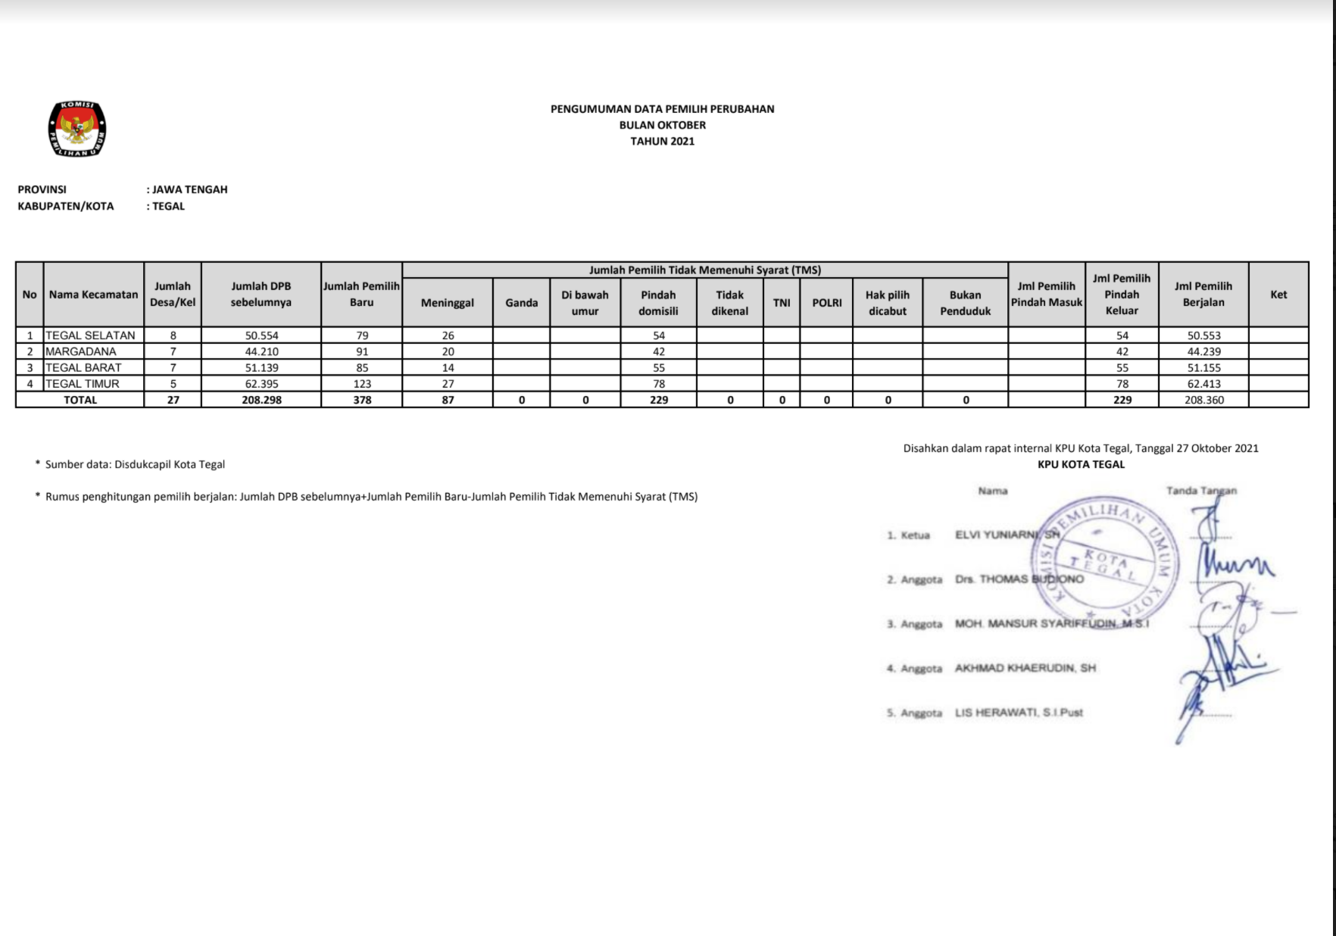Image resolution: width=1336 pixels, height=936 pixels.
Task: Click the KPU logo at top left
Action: (76, 129)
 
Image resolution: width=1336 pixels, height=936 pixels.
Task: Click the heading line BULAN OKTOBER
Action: (662, 125)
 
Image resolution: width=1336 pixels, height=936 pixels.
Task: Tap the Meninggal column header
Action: (447, 303)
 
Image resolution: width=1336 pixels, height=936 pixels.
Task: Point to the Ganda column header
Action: (521, 303)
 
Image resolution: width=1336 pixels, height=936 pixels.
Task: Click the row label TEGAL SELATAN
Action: (90, 335)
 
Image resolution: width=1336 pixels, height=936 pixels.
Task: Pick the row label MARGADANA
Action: (81, 351)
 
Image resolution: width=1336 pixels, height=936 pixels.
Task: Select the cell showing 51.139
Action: (261, 368)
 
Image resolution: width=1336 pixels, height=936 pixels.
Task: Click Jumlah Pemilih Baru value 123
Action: (362, 384)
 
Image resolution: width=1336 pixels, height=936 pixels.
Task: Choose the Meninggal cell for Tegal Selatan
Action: (448, 335)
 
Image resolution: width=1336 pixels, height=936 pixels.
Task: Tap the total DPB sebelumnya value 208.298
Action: (261, 400)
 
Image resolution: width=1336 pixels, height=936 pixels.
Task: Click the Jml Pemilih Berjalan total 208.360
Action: (1203, 400)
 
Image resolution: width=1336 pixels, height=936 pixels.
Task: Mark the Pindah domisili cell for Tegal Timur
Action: (658, 384)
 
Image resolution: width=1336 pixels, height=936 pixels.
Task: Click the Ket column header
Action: (1278, 295)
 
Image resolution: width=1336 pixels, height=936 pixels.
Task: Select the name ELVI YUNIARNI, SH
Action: (1007, 535)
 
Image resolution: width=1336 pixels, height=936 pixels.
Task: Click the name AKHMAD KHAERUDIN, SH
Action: (1025, 668)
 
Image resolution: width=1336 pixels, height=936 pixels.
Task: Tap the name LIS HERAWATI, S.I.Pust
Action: (1019, 713)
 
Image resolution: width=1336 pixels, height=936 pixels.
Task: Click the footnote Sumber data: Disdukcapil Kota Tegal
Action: (135, 464)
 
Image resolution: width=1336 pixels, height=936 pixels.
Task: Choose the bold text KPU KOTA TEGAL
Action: (1081, 464)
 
